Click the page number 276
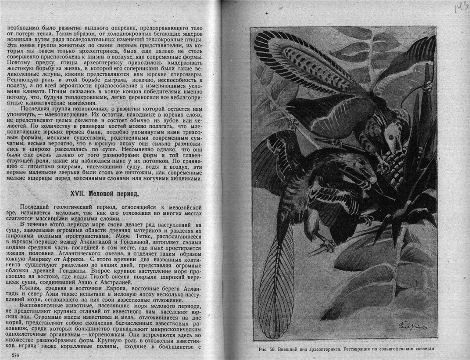pos(18,355)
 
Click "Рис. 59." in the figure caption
pos(267,349)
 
